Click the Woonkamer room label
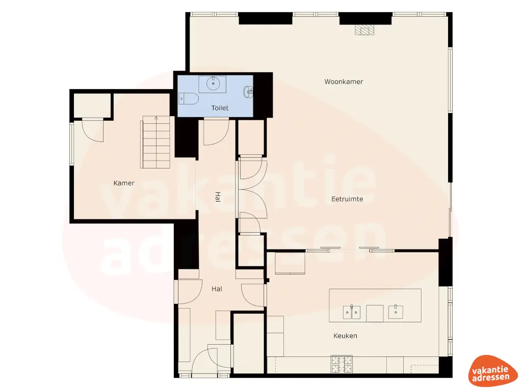coord(344,81)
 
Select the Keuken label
coord(345,336)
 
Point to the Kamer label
coord(124,183)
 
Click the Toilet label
coord(220,108)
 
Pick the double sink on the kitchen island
coord(352,311)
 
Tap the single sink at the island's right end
coord(396,311)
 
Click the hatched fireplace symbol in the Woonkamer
coord(364,30)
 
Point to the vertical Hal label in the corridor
coord(218,197)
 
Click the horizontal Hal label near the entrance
coord(217,289)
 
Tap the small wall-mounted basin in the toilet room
coord(248,92)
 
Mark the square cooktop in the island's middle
coord(375,313)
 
